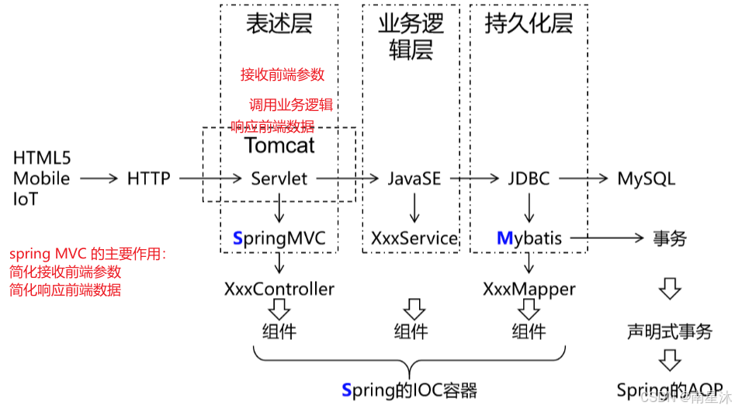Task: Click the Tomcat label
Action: pyautogui.click(x=280, y=145)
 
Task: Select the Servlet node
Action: pyautogui.click(x=279, y=179)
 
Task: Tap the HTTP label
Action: pyautogui.click(x=148, y=179)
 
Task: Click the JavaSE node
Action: pyautogui.click(x=414, y=179)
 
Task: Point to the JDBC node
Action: pyautogui.click(x=529, y=179)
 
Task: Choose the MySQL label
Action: pyautogui.click(x=647, y=179)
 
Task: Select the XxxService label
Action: pyautogui.click(x=414, y=238)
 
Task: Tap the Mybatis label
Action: pyautogui.click(x=529, y=238)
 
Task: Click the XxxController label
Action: pyautogui.click(x=279, y=289)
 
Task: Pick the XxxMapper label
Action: pyautogui.click(x=529, y=289)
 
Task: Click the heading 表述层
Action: pyautogui.click(x=279, y=24)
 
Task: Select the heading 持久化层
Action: pyautogui.click(x=529, y=24)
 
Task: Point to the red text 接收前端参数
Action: pyautogui.click(x=283, y=75)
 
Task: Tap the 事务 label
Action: pyautogui.click(x=670, y=238)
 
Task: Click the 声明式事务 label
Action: pyautogui.click(x=670, y=331)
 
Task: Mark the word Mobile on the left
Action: pyautogui.click(x=41, y=179)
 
